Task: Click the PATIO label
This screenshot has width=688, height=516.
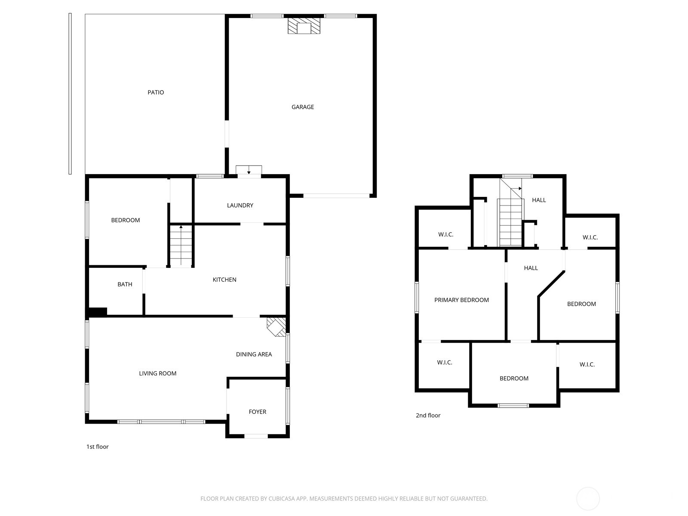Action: click(x=156, y=92)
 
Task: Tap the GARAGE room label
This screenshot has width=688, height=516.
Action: click(x=303, y=107)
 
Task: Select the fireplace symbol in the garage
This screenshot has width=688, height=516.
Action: click(x=304, y=26)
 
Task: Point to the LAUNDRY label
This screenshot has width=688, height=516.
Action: click(x=240, y=206)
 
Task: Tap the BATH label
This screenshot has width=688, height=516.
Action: click(x=125, y=284)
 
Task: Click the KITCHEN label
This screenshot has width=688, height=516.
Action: click(x=224, y=280)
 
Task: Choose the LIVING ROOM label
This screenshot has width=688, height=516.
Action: click(x=157, y=374)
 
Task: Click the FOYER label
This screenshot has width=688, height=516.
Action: click(x=257, y=412)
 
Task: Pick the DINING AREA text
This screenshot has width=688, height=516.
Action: click(x=254, y=354)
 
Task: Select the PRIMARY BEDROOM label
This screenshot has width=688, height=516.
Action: click(x=461, y=300)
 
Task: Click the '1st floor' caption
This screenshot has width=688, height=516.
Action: click(x=98, y=447)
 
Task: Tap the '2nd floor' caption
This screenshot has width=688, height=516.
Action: click(x=428, y=415)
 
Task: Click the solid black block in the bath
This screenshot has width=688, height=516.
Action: click(x=98, y=312)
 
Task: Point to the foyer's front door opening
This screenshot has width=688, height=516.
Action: click(x=256, y=436)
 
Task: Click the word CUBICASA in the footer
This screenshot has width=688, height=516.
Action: click(x=281, y=499)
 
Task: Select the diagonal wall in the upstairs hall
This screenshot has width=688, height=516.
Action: click(x=551, y=283)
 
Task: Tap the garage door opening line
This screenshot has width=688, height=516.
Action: click(x=336, y=196)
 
